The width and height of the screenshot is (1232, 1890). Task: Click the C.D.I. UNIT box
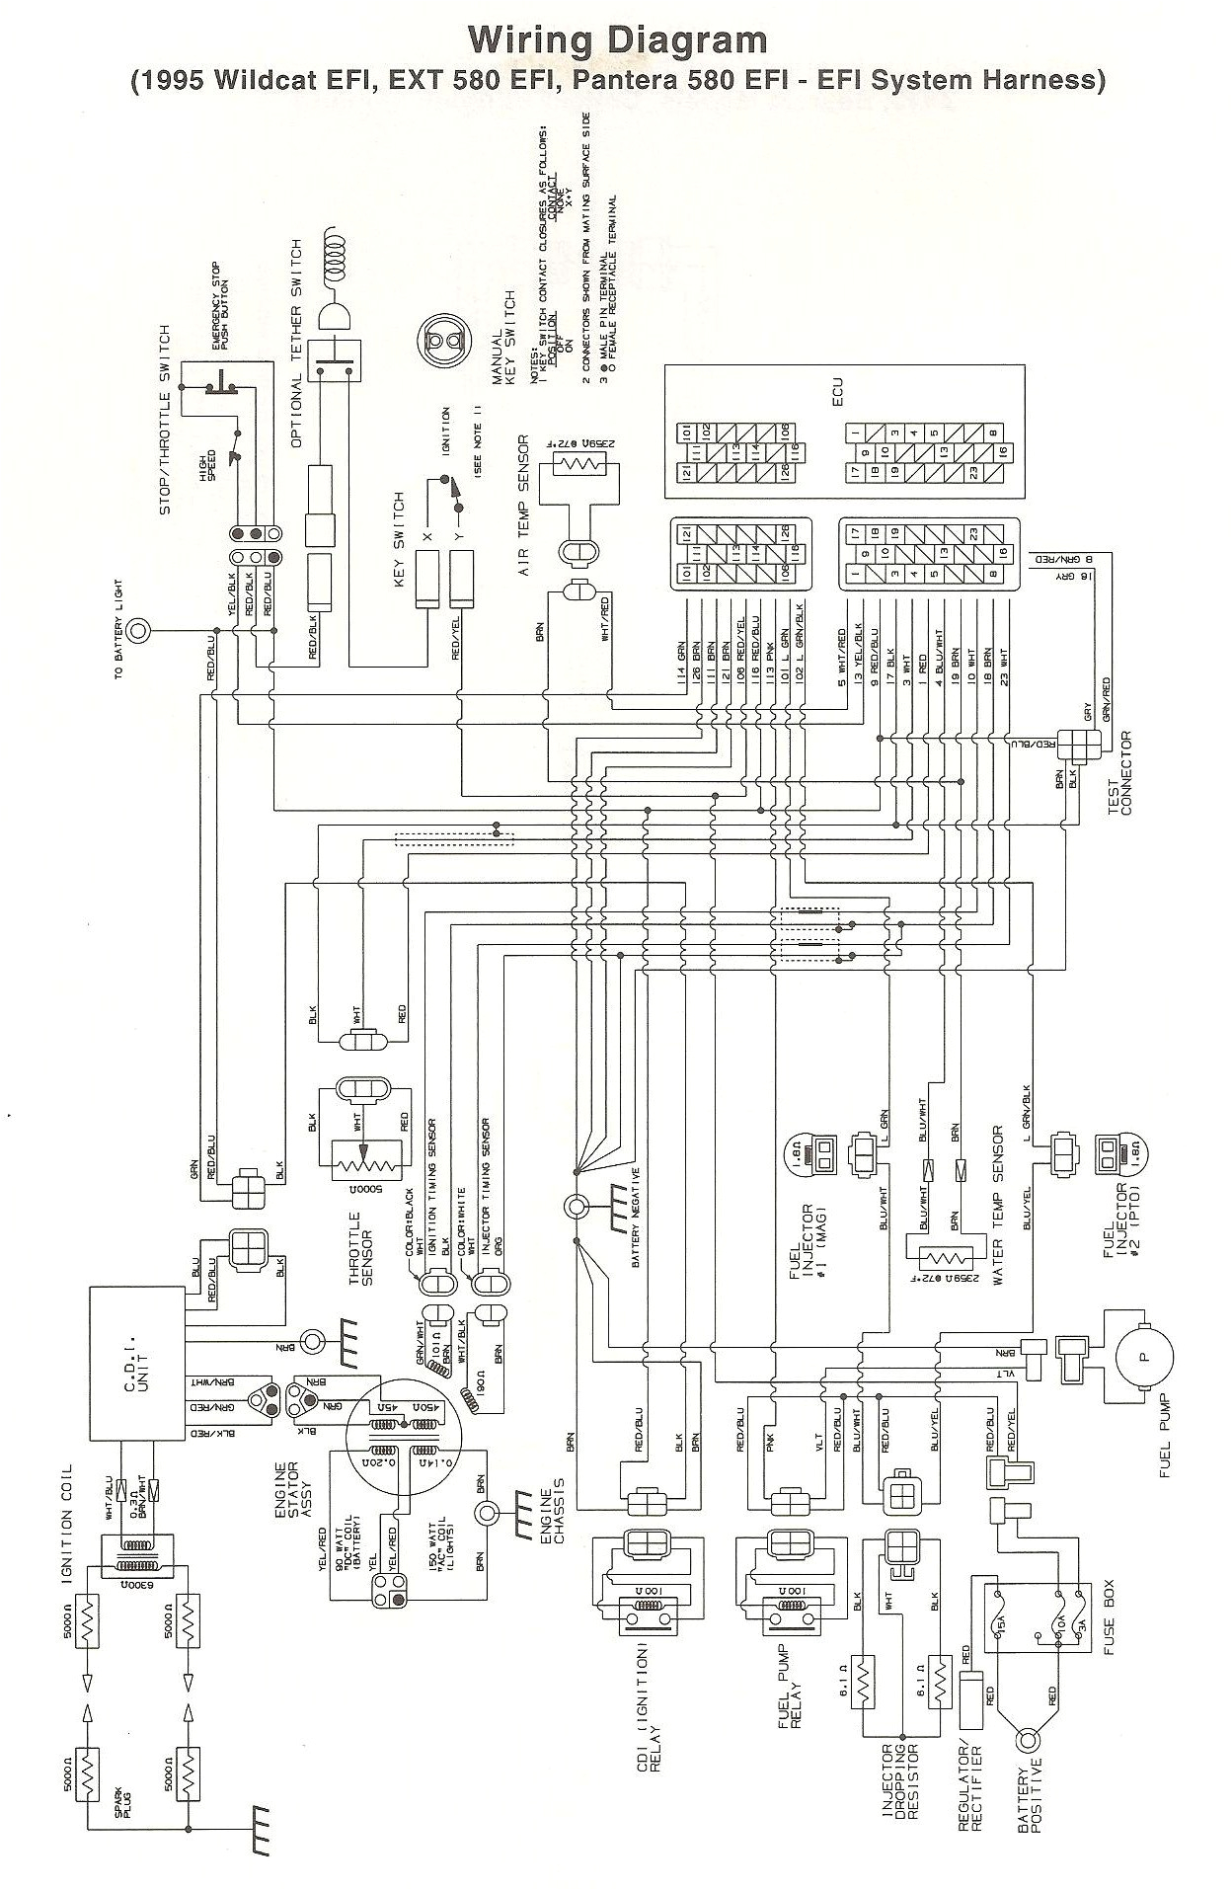pyautogui.click(x=136, y=1364)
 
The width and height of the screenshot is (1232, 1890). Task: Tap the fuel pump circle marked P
pyautogui.click(x=1144, y=1356)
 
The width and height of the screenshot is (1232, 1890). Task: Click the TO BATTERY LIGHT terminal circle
pyautogui.click(x=140, y=629)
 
